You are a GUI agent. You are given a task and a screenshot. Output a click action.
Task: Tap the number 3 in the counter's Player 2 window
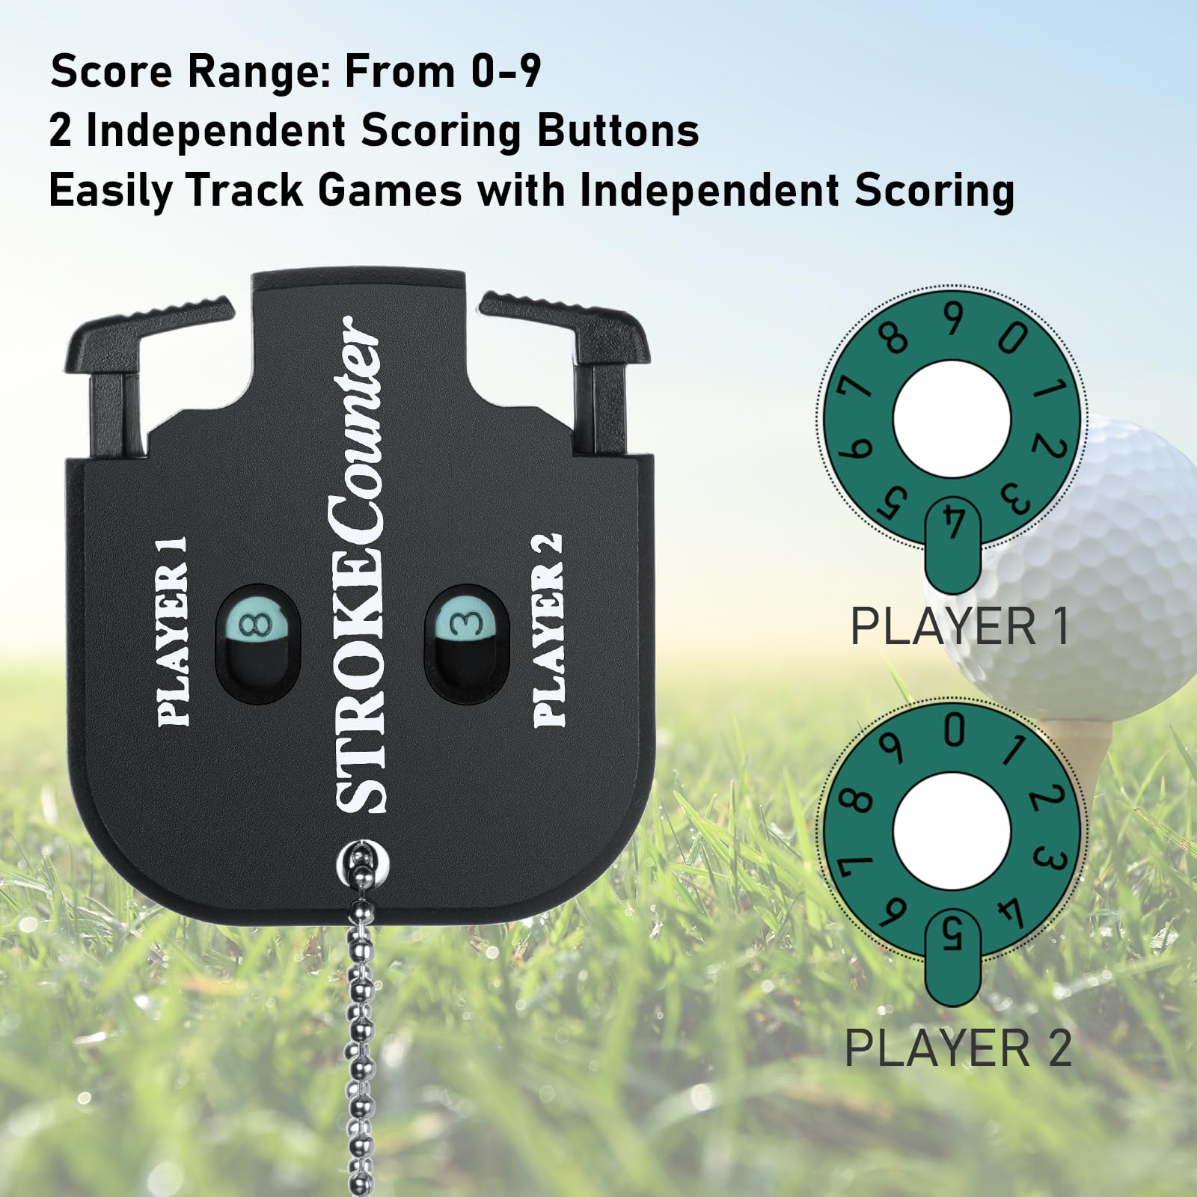[465, 622]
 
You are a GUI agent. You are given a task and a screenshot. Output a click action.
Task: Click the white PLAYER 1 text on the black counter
[173, 631]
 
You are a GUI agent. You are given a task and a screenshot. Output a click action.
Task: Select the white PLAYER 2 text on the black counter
[548, 630]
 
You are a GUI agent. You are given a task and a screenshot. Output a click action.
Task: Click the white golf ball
[1077, 569]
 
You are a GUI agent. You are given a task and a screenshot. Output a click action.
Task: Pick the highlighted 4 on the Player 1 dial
[953, 521]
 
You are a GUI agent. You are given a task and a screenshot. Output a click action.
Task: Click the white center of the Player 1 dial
[952, 419]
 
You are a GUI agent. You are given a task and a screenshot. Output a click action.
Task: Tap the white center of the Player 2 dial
[952, 831]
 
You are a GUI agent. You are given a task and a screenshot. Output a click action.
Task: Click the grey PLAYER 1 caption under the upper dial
[960, 626]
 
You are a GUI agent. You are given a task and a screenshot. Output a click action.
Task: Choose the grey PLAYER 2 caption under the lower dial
[958, 1047]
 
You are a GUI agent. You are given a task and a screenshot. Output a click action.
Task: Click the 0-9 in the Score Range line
[506, 71]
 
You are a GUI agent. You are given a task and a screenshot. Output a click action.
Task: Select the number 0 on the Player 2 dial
[954, 730]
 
